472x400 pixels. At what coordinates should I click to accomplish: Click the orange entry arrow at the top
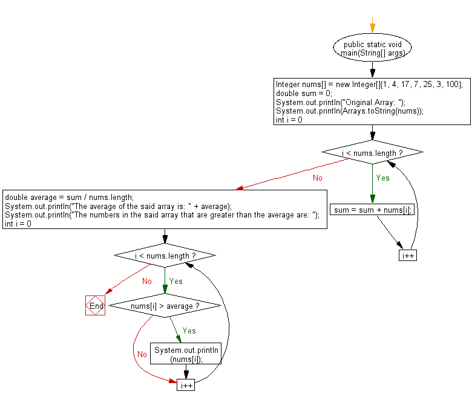tap(372, 25)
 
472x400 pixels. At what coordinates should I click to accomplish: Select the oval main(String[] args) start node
tap(372, 48)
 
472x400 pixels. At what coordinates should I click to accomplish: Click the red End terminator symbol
tap(95, 305)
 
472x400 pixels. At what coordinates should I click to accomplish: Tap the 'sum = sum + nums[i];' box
tap(372, 210)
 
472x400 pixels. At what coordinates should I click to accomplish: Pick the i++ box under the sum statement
tap(408, 256)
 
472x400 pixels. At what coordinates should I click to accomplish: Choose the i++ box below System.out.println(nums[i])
tap(186, 385)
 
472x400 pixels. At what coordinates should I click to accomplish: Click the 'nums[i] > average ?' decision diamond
tap(165, 306)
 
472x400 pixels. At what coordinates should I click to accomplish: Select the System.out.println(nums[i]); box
tap(186, 353)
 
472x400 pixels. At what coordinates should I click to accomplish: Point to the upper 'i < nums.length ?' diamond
tap(372, 152)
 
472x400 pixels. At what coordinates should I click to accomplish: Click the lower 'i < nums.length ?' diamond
tap(165, 256)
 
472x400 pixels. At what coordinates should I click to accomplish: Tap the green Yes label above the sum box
tap(382, 178)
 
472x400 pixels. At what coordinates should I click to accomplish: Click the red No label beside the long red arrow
tap(318, 178)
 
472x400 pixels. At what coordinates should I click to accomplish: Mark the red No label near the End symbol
tap(147, 282)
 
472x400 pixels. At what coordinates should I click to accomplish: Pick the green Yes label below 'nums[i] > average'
tap(189, 331)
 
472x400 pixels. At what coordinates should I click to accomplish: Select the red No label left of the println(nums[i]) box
tap(142, 354)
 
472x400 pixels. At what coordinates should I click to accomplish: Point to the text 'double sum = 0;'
tap(304, 93)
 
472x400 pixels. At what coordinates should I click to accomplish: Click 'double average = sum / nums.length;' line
tap(69, 198)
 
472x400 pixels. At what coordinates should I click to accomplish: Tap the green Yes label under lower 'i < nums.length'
tap(176, 282)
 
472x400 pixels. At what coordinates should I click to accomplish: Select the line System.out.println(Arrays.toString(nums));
tap(350, 111)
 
